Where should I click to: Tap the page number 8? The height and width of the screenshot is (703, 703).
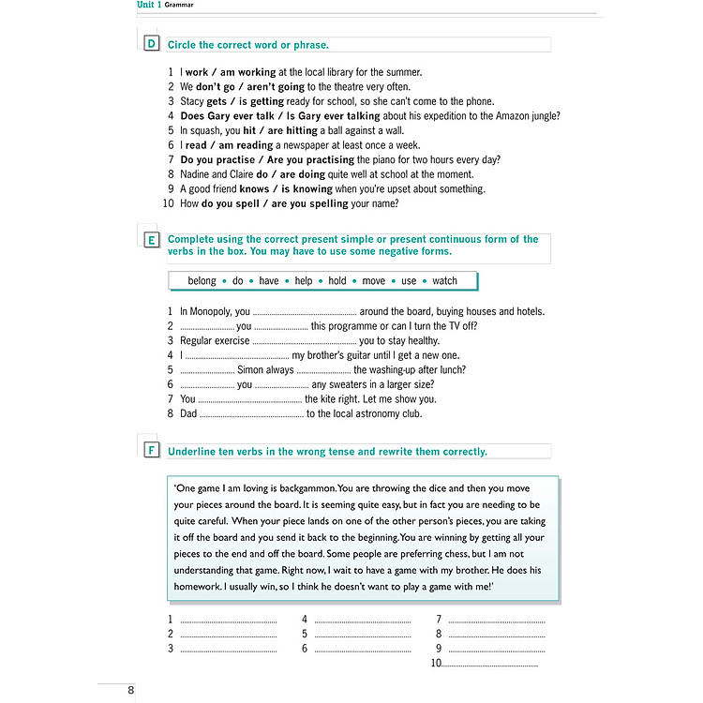131,691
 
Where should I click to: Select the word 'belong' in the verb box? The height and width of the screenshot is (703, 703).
202,280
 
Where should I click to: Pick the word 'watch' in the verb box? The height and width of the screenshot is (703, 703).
444,280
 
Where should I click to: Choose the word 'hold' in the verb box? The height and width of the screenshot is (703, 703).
337,280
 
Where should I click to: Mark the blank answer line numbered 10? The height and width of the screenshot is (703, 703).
489,664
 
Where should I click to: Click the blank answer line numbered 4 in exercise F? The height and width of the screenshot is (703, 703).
362,620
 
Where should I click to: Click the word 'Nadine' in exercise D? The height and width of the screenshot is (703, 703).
196,174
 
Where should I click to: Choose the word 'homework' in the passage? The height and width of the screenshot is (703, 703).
201,587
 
